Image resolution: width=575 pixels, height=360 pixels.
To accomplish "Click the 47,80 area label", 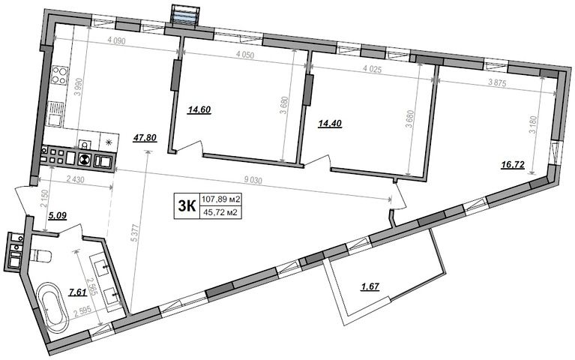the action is tap(145, 137).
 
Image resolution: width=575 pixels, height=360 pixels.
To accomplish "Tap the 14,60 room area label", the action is tap(199, 109).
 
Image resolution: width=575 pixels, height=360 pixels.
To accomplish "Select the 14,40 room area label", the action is tap(330, 124).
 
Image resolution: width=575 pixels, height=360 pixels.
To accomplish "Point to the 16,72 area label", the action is tap(513, 166).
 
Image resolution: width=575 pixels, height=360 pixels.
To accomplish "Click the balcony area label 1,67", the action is tap(370, 286).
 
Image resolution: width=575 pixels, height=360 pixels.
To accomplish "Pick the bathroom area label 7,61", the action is tap(78, 292).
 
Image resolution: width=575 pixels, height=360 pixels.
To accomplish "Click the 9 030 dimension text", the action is tap(253, 180).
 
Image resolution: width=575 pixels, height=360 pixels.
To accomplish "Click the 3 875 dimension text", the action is tap(497, 83).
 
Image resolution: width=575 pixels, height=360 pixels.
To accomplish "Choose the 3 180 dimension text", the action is tap(534, 125).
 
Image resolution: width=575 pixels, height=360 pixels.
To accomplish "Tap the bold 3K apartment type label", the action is tap(186, 206).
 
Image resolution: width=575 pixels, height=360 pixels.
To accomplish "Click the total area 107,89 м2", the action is tap(220, 199).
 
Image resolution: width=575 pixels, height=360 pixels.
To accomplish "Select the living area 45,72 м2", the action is tap(220, 212).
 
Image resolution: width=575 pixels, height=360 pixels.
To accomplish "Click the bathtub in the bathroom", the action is tap(53, 304).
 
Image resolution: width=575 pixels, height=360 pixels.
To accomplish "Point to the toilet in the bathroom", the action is tap(40, 255).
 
